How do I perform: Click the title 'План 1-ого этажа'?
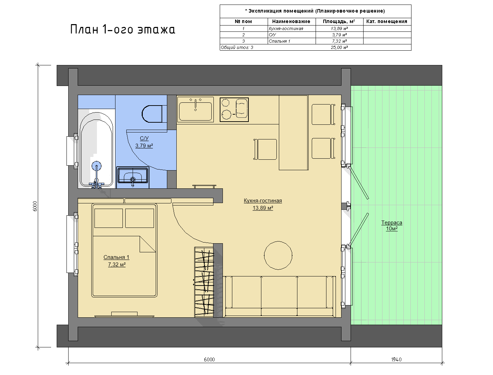click(x=122, y=29)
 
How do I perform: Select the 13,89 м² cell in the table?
click(x=339, y=29)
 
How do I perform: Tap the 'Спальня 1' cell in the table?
click(x=291, y=41)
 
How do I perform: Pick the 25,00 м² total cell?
click(x=339, y=47)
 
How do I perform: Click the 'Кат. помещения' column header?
click(x=387, y=22)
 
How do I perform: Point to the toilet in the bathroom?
click(x=154, y=114)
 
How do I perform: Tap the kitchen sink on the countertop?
click(x=195, y=109)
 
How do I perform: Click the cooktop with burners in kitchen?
click(x=234, y=110)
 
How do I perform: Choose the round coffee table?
click(x=278, y=255)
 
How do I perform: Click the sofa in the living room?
click(x=279, y=296)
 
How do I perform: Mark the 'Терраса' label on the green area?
click(x=392, y=223)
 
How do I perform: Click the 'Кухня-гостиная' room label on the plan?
click(x=263, y=201)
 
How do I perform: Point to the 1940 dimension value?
click(x=396, y=360)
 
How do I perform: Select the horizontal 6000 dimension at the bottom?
click(x=209, y=360)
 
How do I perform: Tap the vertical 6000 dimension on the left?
click(x=35, y=206)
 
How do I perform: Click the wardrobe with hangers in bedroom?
click(x=204, y=282)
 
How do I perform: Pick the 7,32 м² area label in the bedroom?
click(x=117, y=265)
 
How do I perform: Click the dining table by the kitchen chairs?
click(x=294, y=132)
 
